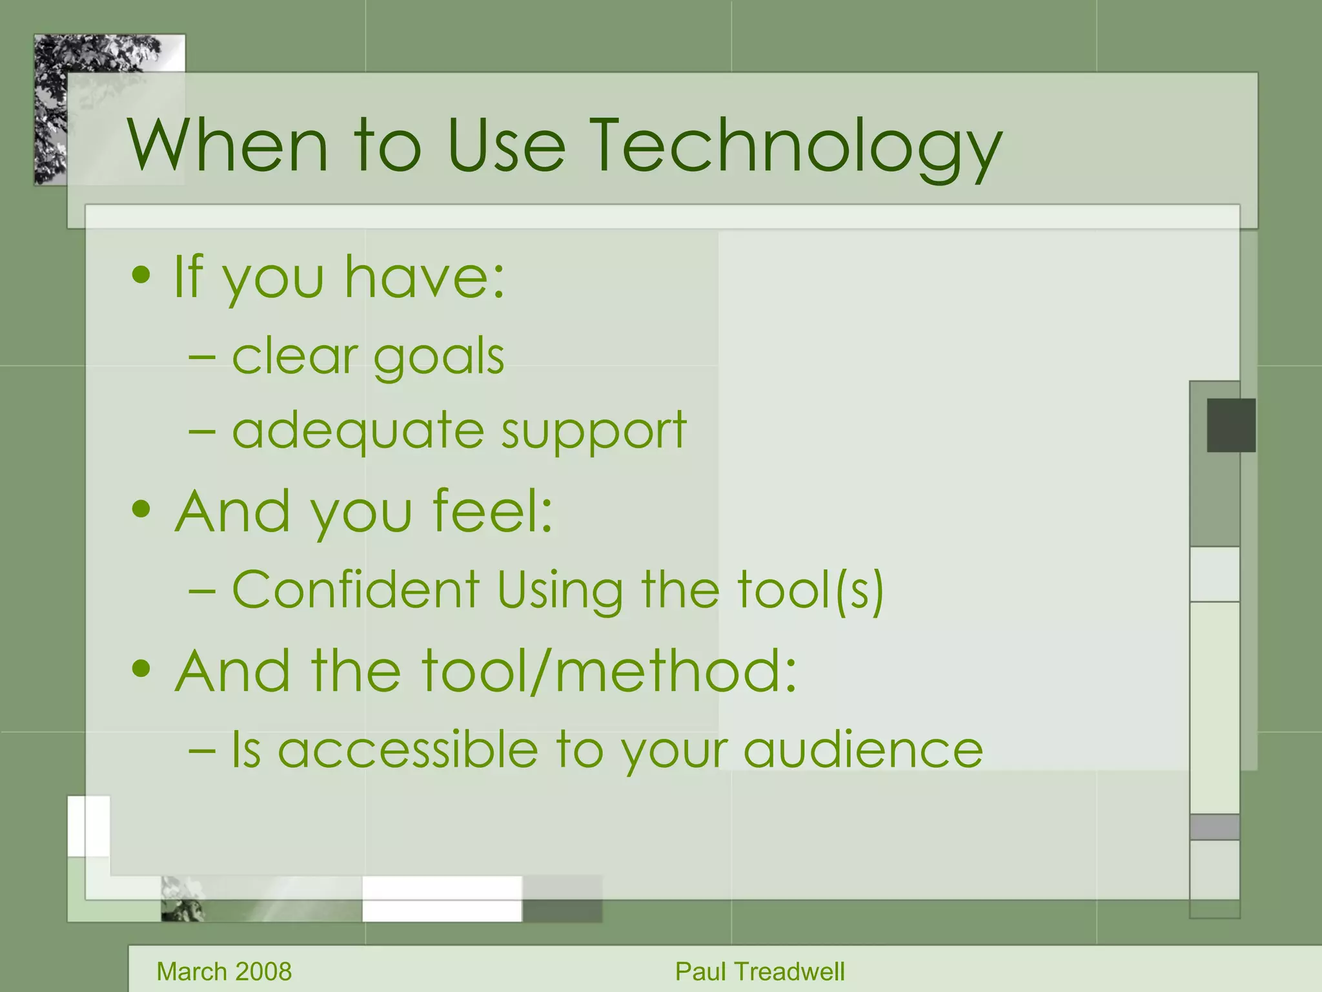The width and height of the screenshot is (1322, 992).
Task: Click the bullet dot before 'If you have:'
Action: click(x=141, y=276)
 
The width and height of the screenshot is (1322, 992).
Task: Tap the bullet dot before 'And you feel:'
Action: click(x=141, y=510)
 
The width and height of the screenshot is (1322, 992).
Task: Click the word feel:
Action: click(x=493, y=511)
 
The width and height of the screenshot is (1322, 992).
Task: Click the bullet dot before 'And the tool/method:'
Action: click(x=141, y=669)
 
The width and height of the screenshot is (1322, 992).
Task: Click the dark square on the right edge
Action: click(x=1231, y=425)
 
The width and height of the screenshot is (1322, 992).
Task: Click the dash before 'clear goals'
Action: click(x=202, y=357)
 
